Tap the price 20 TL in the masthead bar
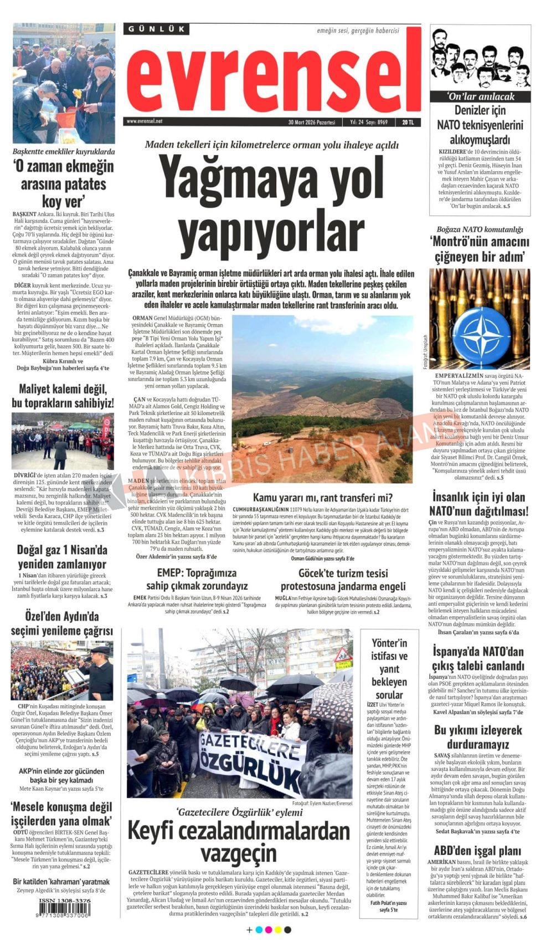point(409,122)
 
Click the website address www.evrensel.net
point(145,121)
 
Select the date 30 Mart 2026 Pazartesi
point(312,122)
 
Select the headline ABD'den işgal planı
point(477,851)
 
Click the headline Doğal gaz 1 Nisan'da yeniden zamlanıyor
point(62,557)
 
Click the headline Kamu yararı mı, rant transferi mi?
point(322,498)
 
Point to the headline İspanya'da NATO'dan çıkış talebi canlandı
point(478,658)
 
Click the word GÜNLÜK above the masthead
point(156,29)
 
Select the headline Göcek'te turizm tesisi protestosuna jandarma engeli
point(343,580)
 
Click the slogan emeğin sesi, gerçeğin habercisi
point(358,31)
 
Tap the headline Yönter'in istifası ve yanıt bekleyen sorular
point(389,669)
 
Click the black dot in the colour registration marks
point(287,929)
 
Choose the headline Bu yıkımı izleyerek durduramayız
point(478,737)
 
